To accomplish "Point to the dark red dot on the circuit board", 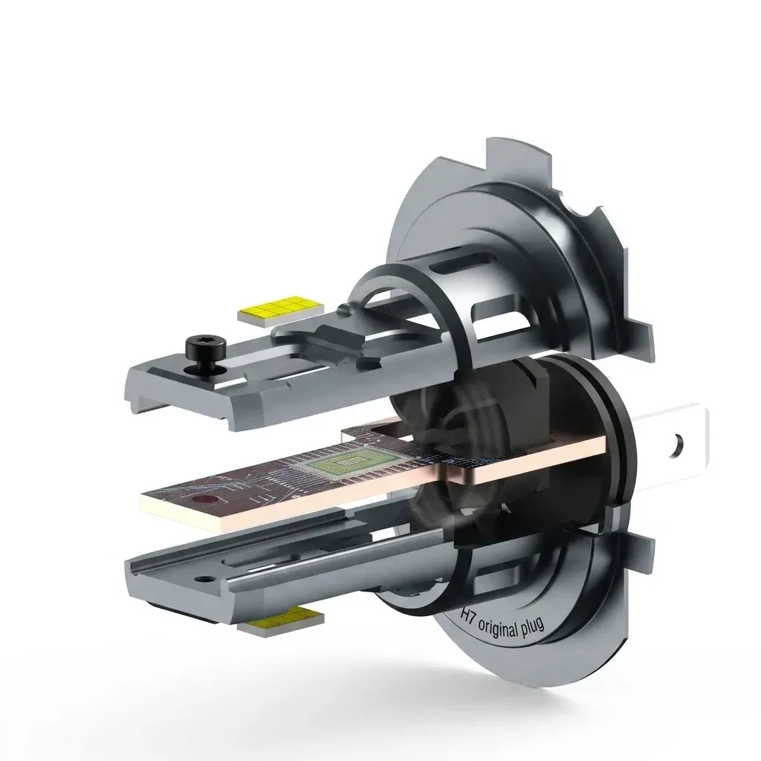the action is pyautogui.click(x=199, y=499).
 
